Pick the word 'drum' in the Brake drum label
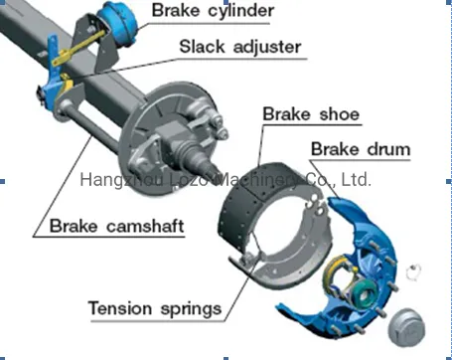click(x=385, y=150)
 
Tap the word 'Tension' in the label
click(x=123, y=307)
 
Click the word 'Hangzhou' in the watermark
click(x=112, y=180)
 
